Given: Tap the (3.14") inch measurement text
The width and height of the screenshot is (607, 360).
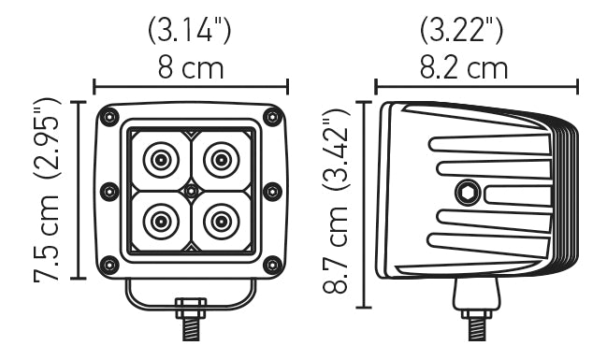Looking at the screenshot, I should point(191,30).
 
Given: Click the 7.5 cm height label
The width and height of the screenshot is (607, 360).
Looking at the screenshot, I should point(47,239).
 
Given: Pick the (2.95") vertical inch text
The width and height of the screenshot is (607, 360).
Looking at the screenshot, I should point(47,140).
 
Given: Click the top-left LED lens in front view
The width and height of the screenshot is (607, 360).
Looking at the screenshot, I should point(161,160).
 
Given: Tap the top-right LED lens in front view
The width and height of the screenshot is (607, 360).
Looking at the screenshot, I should point(221,160).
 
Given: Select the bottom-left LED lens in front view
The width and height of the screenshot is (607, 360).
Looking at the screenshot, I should point(161,222).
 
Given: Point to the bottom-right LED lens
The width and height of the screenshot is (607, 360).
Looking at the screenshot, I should point(221,222).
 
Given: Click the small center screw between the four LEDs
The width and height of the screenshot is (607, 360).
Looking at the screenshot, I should point(191,191).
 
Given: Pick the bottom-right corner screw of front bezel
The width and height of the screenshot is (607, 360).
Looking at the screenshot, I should point(272,263).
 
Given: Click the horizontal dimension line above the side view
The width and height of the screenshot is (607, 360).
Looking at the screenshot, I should point(476,86).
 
